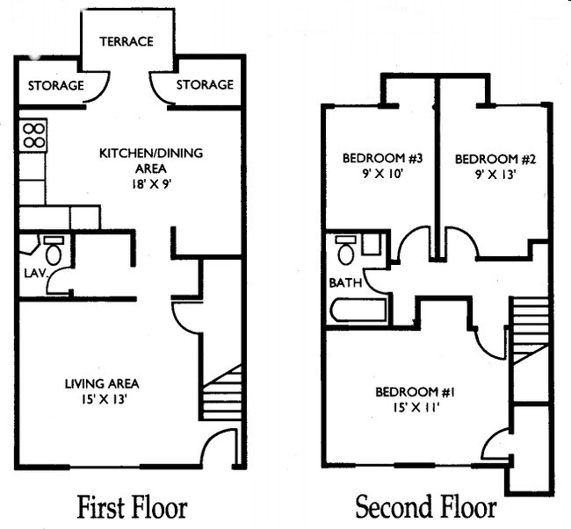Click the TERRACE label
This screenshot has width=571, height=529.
[x=126, y=41]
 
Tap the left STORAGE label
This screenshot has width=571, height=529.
[x=56, y=85]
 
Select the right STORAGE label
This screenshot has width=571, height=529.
[x=205, y=85]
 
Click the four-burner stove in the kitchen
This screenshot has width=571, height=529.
[x=33, y=135]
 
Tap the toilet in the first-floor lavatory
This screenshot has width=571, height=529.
[x=54, y=252]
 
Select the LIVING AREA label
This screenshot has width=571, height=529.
[x=102, y=383]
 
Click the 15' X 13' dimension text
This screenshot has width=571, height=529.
[x=102, y=400]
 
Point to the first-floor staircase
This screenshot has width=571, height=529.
[x=221, y=394]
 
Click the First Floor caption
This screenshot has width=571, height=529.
[x=132, y=507]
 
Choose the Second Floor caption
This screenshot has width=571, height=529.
[x=425, y=507]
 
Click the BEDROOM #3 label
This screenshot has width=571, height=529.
[x=382, y=159]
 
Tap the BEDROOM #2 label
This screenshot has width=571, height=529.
[x=484, y=159]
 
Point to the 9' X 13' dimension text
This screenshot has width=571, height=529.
[x=484, y=174]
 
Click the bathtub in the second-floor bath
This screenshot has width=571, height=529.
[x=358, y=311]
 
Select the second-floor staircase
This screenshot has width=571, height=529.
[x=529, y=328]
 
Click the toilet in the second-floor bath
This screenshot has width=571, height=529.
[x=345, y=251]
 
